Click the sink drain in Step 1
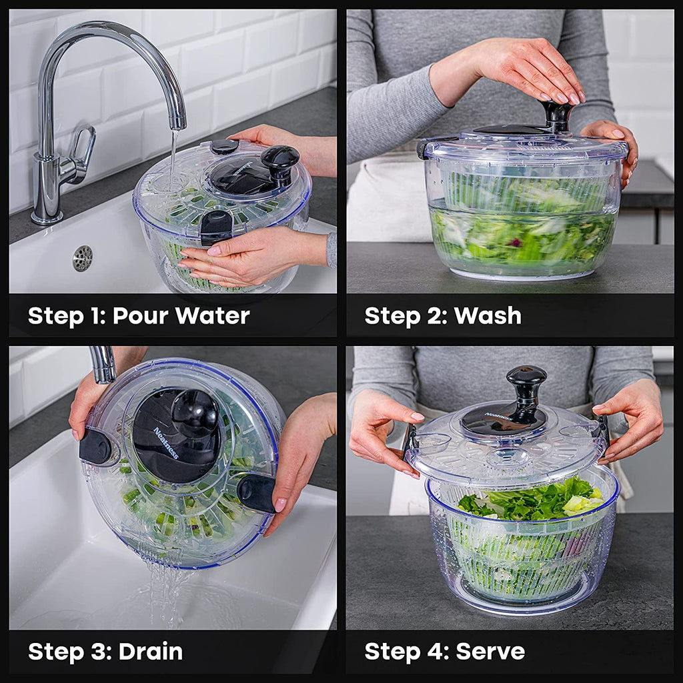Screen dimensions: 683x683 click(82, 258)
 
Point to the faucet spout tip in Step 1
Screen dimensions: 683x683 click(177, 124)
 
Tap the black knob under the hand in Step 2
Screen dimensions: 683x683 click(556, 114)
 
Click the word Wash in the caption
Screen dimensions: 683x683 click(488, 315)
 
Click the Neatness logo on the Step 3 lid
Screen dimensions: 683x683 click(166, 444)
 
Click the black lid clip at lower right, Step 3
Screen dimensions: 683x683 click(257, 493)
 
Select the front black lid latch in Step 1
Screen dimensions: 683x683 click(215, 227)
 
